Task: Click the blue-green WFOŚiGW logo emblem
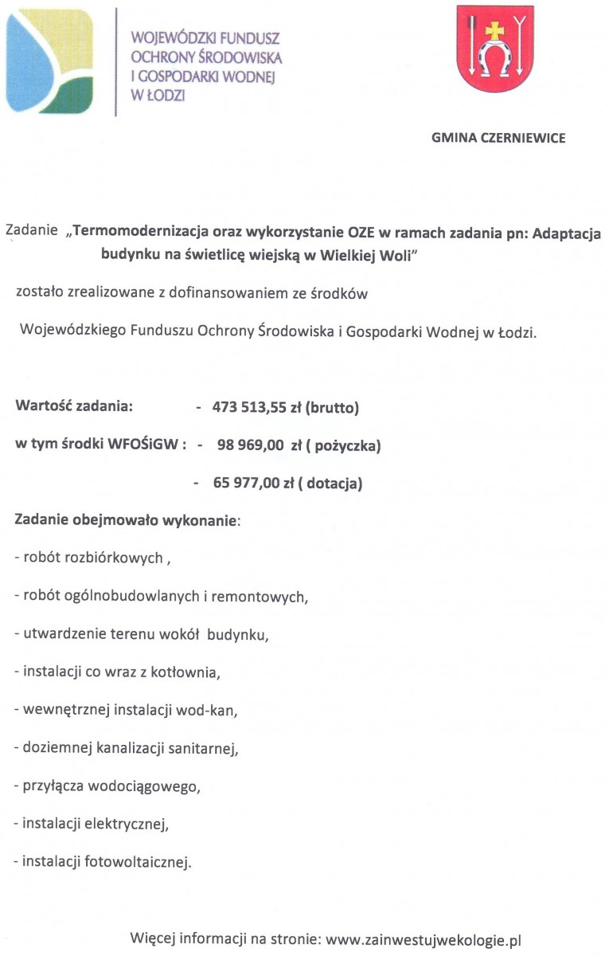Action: tap(49, 51)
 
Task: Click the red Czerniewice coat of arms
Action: tap(494, 49)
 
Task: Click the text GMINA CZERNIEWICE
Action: tap(498, 138)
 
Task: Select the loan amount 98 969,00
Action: tap(250, 446)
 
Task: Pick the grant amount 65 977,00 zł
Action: tap(254, 483)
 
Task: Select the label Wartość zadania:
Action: tap(73, 407)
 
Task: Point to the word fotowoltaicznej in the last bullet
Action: tap(139, 861)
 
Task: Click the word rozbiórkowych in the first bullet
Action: tap(118, 558)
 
